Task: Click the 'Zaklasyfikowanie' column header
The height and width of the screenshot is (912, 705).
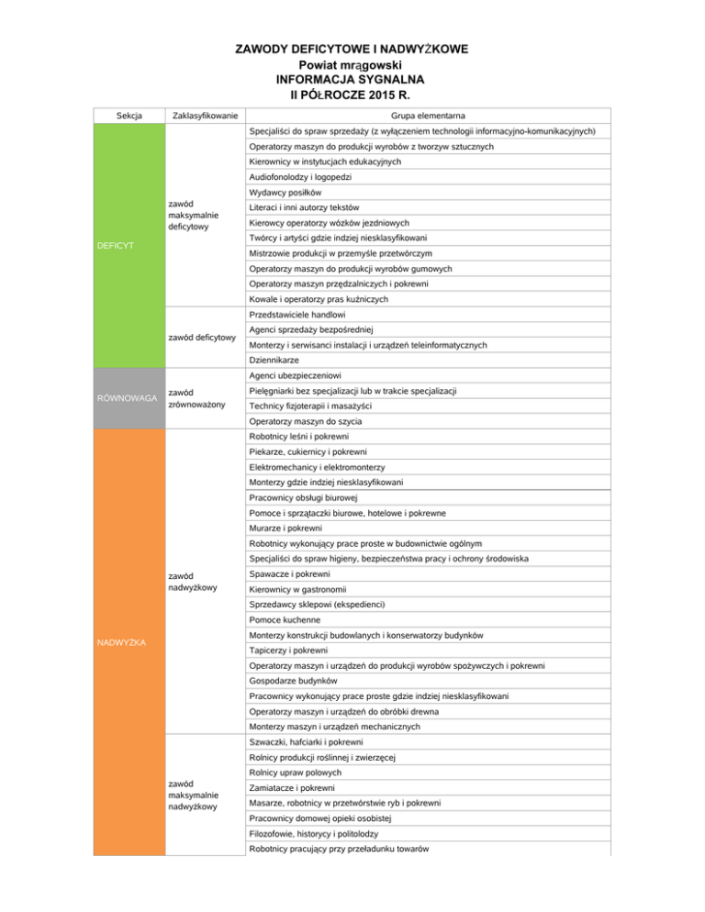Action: pos(204,116)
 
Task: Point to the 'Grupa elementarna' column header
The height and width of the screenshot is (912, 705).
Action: pos(427,116)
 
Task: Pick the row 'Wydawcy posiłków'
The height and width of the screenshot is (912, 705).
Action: pos(284,193)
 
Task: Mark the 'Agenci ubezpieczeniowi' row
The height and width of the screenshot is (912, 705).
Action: pos(295,376)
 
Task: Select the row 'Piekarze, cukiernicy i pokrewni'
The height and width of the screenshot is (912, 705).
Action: pos(308,451)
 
